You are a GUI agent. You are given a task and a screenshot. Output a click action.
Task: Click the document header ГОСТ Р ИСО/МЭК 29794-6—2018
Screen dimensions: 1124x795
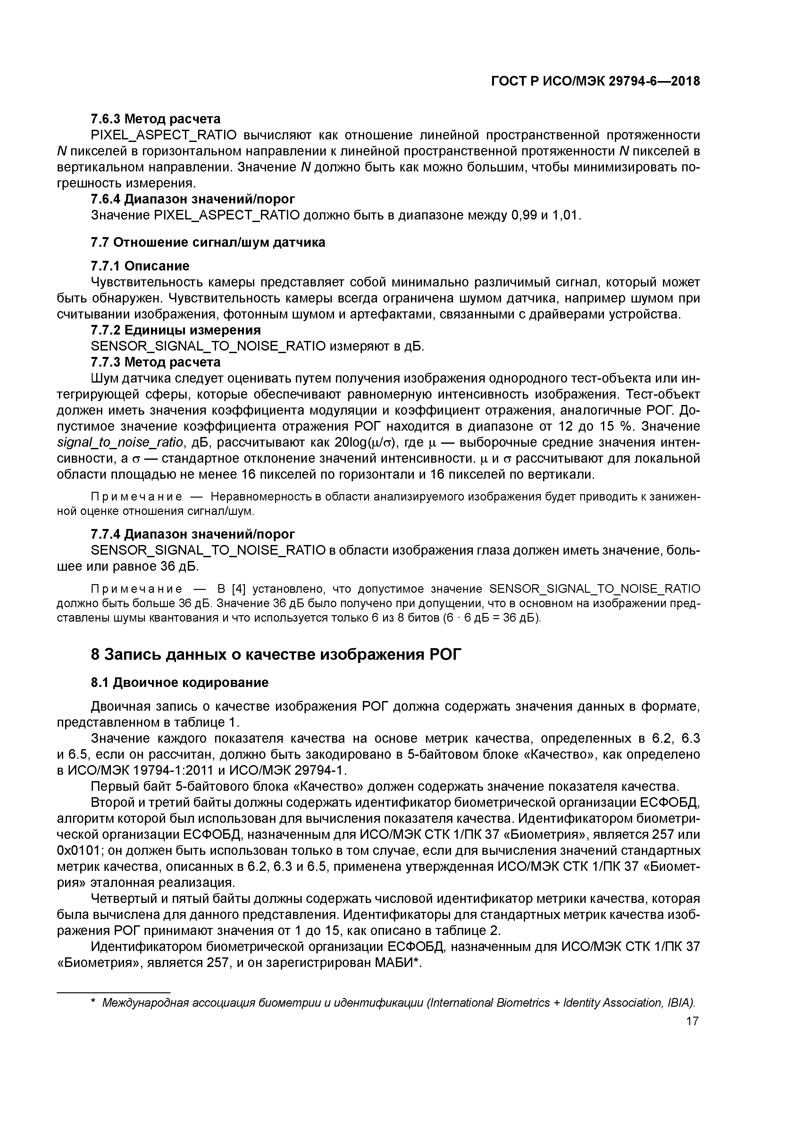[x=595, y=81]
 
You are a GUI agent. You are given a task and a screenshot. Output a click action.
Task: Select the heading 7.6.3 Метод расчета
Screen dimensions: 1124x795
[x=156, y=119]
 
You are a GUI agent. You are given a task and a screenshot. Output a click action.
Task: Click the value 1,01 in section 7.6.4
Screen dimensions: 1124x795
[x=566, y=215]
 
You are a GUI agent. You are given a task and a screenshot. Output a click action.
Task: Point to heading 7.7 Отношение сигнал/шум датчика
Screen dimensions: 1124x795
[x=208, y=242]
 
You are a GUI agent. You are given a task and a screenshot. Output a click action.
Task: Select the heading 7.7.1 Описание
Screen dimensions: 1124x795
[x=140, y=266]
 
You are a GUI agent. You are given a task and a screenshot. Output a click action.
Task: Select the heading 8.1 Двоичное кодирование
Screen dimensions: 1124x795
[x=180, y=682]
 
